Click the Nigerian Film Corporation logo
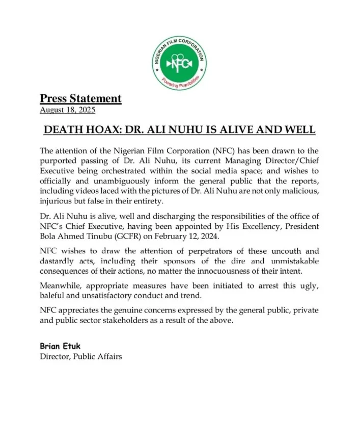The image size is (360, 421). (180, 63)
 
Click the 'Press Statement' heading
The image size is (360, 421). (80, 98)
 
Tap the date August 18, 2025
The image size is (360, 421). (67, 110)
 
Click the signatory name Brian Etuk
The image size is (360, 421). (60, 347)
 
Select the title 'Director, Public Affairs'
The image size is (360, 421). (81, 357)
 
